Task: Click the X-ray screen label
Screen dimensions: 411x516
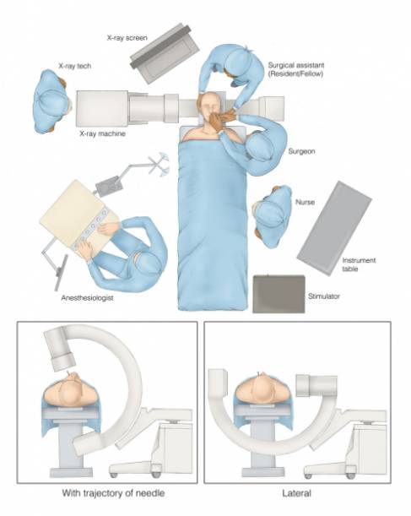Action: (x=127, y=38)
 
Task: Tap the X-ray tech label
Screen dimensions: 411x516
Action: (x=74, y=66)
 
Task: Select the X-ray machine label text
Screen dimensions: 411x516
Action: (x=103, y=133)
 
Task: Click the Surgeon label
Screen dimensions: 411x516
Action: (x=301, y=151)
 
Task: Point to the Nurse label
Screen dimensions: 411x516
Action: (x=306, y=202)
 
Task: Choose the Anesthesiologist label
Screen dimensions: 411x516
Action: (x=87, y=298)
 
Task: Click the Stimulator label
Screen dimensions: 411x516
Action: (x=324, y=296)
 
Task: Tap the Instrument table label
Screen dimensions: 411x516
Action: (x=359, y=264)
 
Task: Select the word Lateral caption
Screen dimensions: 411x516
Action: (x=296, y=493)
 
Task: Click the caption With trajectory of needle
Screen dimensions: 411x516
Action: (x=113, y=493)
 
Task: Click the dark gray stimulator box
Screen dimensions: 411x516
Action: (x=279, y=294)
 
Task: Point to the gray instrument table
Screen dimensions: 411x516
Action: (x=334, y=229)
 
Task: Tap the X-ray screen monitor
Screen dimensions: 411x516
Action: (x=165, y=53)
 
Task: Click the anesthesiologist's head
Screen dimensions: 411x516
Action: (x=148, y=263)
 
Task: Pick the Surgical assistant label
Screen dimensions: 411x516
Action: (x=296, y=69)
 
